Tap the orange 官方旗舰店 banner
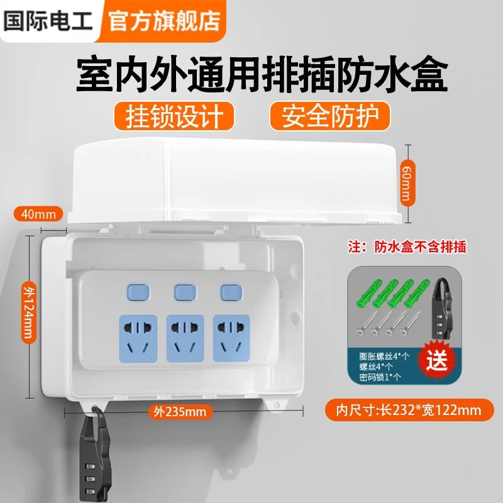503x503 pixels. coord(163,21)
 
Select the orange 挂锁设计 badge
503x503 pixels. coord(174,116)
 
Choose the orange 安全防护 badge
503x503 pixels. coord(329,116)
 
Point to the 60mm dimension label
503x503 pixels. coord(408,184)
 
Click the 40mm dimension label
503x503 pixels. coord(38,214)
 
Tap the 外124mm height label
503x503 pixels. coord(29,312)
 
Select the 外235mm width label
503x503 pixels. coord(180,412)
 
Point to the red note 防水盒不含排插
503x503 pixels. coord(420,247)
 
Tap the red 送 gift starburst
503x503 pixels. coord(436,360)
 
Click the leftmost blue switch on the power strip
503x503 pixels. coord(138,292)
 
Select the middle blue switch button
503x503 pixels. coord(185,292)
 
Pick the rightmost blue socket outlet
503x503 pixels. coord(231,338)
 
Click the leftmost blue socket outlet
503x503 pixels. coord(138,338)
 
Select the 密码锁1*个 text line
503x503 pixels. coord(380,377)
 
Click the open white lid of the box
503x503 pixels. coord(235,180)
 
